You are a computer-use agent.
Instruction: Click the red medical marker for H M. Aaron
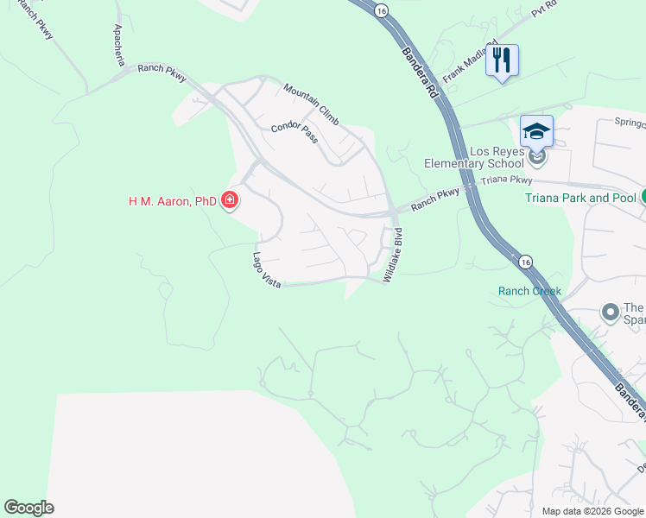(x=230, y=201)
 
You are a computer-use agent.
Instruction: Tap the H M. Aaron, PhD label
(x=172, y=201)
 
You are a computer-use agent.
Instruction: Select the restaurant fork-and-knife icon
(x=502, y=60)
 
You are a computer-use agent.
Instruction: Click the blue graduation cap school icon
(x=536, y=131)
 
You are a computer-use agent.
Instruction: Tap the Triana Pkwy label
(x=506, y=180)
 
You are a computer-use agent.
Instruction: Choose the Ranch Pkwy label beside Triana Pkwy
(x=435, y=200)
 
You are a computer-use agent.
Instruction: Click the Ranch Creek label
(x=529, y=291)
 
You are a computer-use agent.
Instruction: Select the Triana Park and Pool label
(x=580, y=198)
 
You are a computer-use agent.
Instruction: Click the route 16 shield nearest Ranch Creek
(x=524, y=260)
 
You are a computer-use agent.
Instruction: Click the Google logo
(x=28, y=508)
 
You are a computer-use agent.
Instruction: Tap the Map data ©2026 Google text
(x=592, y=511)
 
